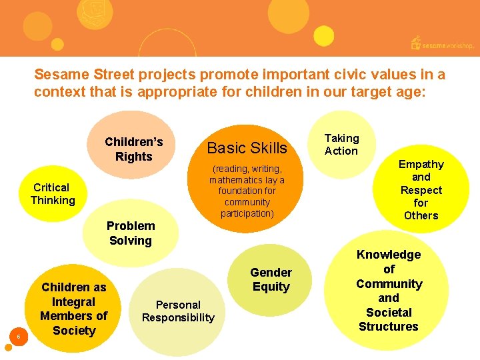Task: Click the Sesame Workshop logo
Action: tap(442, 44)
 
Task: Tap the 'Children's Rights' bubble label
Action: tap(134, 149)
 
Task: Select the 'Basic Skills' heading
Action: tap(247, 147)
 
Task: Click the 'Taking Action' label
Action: tap(341, 145)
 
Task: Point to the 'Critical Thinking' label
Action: tap(52, 194)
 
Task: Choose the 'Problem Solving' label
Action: tap(131, 233)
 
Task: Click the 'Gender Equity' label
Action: tap(271, 279)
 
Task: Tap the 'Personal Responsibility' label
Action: tap(178, 311)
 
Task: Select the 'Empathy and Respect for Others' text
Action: tap(421, 190)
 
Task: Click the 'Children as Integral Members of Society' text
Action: tap(73, 309)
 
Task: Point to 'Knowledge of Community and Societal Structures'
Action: tap(389, 290)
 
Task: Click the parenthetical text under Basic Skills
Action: tap(247, 191)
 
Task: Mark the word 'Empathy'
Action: tap(421, 164)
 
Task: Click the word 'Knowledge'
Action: tap(389, 255)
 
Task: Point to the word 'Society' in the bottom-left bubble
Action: tap(73, 331)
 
